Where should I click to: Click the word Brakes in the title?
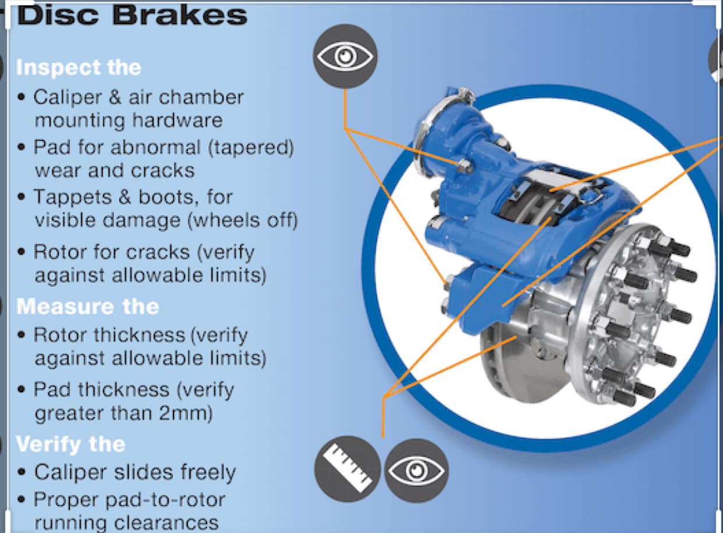tap(180, 16)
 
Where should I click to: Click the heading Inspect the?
tap(79, 67)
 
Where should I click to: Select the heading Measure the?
tap(87, 306)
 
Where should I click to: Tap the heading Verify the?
tap(70, 445)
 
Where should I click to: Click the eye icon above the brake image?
tap(345, 56)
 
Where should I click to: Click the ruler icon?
tap(348, 469)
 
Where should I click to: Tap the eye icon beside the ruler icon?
tap(416, 471)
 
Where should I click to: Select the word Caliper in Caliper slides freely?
tap(70, 472)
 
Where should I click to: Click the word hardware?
tap(177, 120)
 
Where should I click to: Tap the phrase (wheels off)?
tap(242, 221)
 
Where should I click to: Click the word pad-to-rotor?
tap(165, 500)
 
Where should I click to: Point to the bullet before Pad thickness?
tap(22, 390)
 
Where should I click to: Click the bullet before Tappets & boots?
tap(22, 197)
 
